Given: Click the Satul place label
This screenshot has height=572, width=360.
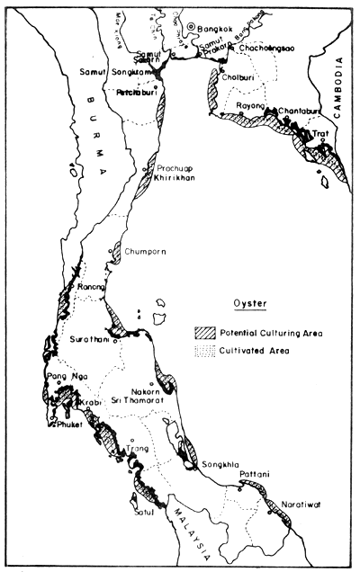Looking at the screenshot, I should [141, 513].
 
